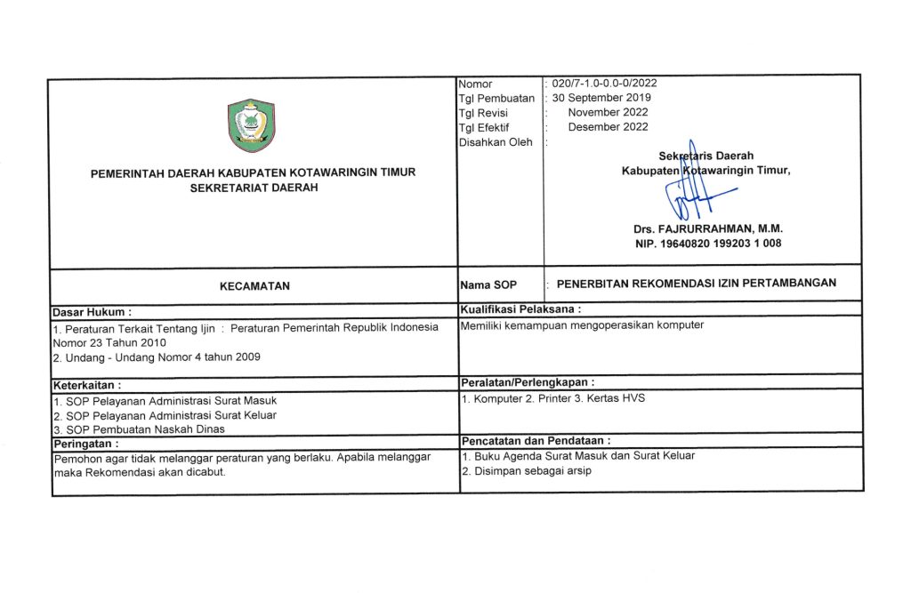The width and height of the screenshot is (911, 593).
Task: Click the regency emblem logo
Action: click(x=252, y=125)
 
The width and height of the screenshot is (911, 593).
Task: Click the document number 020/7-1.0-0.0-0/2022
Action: click(x=605, y=84)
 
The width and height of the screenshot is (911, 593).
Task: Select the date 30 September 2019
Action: click(x=602, y=98)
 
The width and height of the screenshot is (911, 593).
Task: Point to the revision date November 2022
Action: click(x=608, y=112)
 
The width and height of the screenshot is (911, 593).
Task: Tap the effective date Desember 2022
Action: click(x=608, y=127)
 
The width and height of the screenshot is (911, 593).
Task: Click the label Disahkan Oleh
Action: click(x=496, y=141)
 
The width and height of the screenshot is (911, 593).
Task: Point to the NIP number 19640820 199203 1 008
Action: click(x=708, y=243)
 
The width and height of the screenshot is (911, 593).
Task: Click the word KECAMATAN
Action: click(x=254, y=286)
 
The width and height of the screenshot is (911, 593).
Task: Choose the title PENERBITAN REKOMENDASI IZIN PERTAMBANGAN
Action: click(x=697, y=284)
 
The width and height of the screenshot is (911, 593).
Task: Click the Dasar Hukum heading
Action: click(x=93, y=312)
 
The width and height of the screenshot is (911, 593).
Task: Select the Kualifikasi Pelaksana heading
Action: click(x=520, y=309)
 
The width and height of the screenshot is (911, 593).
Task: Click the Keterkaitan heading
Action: click(x=87, y=385)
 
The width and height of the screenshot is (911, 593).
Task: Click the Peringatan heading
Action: click(x=85, y=443)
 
